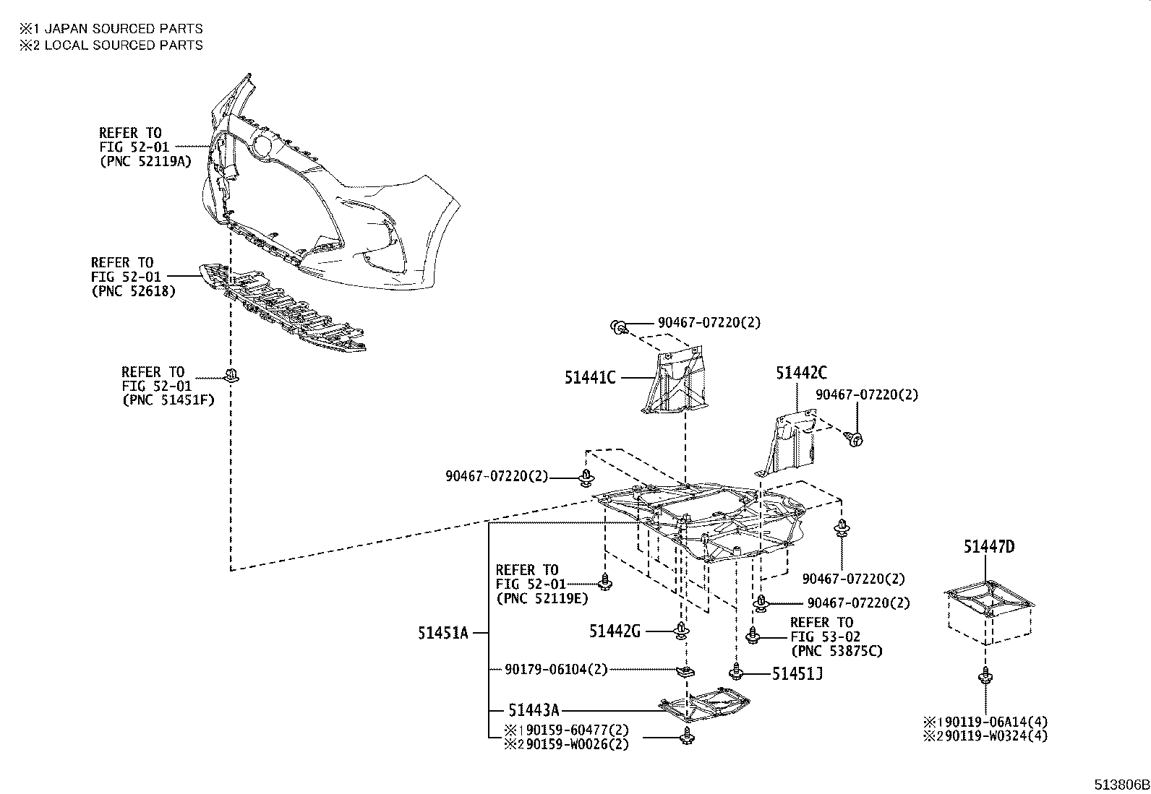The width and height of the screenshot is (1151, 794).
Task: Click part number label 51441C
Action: click(x=590, y=377)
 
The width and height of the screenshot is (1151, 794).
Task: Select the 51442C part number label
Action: click(x=801, y=373)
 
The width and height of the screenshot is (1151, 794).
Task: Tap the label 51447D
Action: click(x=988, y=547)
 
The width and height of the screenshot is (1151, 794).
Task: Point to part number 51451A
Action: click(x=442, y=634)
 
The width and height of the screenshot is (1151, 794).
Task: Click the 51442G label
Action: click(x=615, y=631)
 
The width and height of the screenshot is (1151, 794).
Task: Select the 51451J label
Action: click(x=797, y=674)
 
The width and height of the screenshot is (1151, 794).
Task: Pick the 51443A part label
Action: click(x=534, y=711)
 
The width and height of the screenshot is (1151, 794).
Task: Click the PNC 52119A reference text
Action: click(x=145, y=161)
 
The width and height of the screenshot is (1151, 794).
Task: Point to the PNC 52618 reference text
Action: click(x=133, y=291)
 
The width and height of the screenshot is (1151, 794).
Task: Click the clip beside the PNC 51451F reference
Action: click(x=231, y=375)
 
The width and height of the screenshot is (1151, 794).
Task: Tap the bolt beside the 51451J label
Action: click(x=736, y=673)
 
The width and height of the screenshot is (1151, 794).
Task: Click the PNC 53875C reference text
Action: click(x=836, y=651)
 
